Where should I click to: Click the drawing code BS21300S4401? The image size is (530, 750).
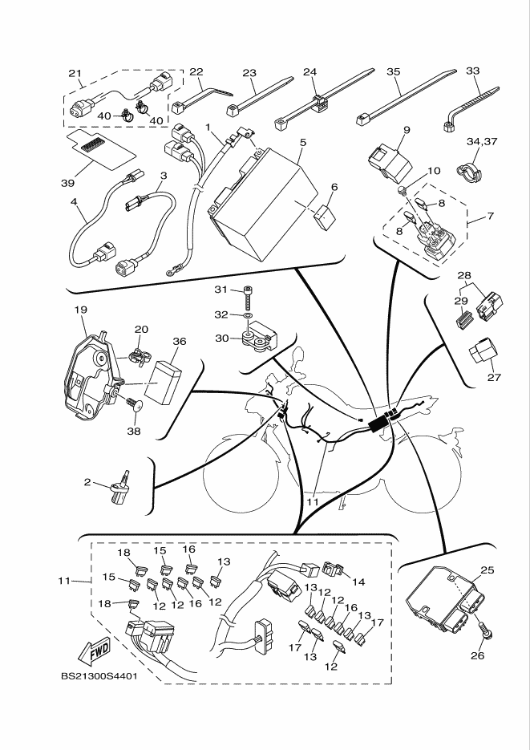click(x=99, y=675)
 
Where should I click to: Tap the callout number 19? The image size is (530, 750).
click(x=80, y=309)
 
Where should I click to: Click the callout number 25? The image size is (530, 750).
click(x=487, y=570)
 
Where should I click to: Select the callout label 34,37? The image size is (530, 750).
click(x=483, y=141)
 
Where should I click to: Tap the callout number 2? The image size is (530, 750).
click(x=87, y=482)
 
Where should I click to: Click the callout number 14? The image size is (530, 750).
click(x=358, y=582)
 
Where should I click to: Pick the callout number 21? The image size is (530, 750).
click(x=75, y=74)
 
